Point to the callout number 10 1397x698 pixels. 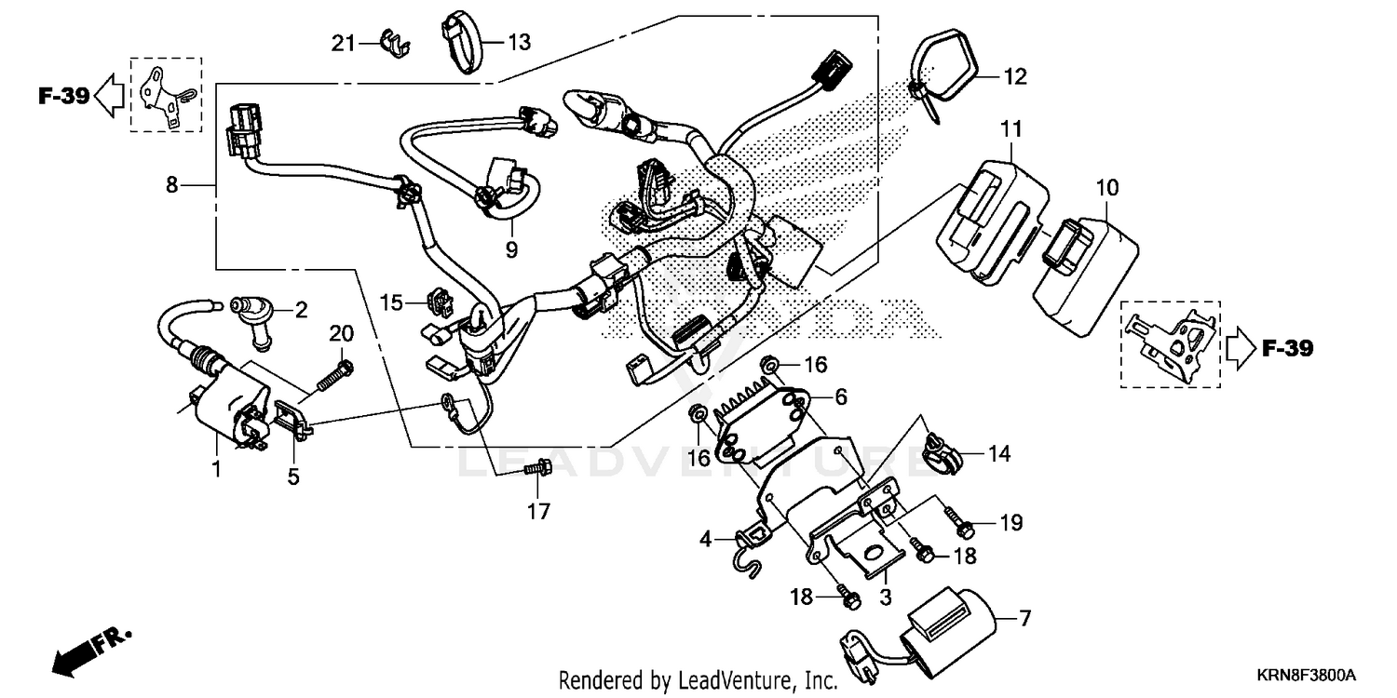click(1106, 188)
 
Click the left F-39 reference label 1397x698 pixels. click(63, 96)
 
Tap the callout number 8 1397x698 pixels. click(171, 185)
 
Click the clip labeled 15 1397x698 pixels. click(437, 301)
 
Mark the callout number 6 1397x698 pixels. click(840, 397)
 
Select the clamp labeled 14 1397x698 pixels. click(940, 452)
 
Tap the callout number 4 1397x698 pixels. click(706, 539)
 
